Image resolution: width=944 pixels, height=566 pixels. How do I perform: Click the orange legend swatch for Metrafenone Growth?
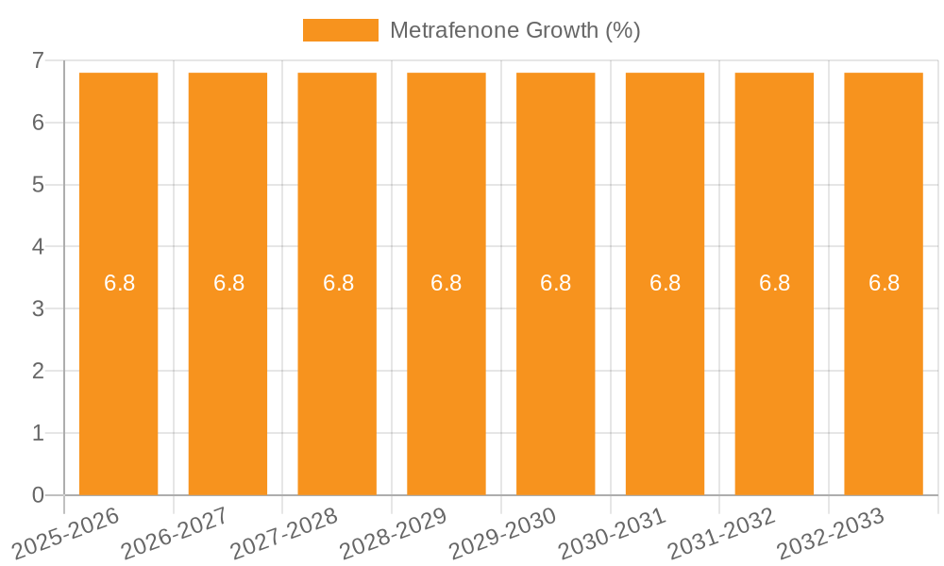[x=340, y=30]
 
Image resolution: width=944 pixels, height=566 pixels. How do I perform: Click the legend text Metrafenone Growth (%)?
[x=514, y=30]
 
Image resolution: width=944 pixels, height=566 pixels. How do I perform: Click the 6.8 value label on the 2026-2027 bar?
[x=228, y=283]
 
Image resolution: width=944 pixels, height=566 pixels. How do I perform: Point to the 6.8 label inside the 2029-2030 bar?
[x=556, y=283]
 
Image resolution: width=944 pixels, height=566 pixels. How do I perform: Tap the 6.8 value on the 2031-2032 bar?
[x=774, y=283]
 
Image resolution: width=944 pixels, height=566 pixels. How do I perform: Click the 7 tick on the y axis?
[x=38, y=60]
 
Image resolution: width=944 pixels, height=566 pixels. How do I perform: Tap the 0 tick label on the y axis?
[x=38, y=495]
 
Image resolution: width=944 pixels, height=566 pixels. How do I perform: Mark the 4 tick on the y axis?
[x=38, y=247]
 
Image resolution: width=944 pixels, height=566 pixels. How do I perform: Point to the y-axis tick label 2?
[x=38, y=372]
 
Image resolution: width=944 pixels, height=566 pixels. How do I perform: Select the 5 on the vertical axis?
[x=38, y=185]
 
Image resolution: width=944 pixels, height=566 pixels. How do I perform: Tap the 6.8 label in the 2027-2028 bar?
[x=338, y=283]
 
